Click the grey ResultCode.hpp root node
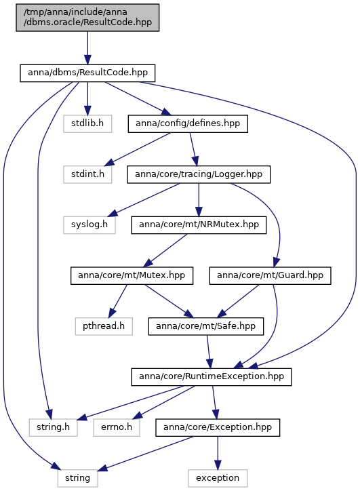(87, 18)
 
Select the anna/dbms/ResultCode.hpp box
(87, 73)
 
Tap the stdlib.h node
(87, 123)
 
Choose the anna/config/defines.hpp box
(188, 123)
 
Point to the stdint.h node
(87, 174)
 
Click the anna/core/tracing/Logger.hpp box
(199, 174)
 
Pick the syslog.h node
(89, 225)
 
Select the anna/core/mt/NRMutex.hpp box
(199, 225)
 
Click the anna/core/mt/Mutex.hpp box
(132, 275)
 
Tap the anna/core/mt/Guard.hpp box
(270, 275)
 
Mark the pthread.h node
(104, 326)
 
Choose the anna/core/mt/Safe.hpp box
(206, 326)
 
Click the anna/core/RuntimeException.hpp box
(212, 377)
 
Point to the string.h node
(53, 427)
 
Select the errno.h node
(117, 427)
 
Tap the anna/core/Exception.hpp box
(218, 427)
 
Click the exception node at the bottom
(218, 478)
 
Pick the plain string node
(78, 478)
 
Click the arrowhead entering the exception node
(218, 465)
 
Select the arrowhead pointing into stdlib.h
(87, 111)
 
